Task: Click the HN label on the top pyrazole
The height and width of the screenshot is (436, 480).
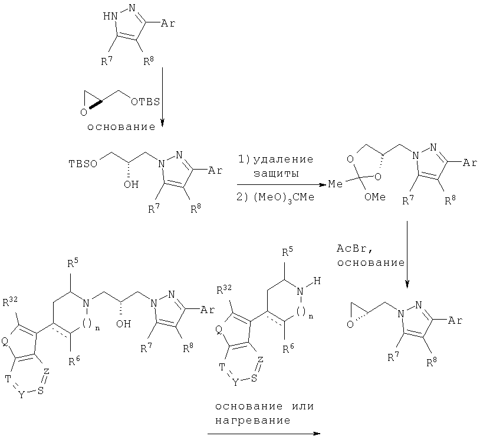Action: coord(110,16)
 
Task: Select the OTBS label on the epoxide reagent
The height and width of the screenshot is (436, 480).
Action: coord(146,102)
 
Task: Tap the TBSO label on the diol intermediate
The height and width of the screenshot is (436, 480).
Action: coord(83,164)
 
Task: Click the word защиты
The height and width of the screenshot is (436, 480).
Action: coord(276,174)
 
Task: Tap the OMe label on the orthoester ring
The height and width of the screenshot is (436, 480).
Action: coord(375,197)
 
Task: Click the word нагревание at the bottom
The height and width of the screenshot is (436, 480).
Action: coord(252,420)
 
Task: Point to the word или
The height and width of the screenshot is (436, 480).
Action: coord(303,406)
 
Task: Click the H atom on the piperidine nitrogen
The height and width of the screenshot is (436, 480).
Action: coord(317,281)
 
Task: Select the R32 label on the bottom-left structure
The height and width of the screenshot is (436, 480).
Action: coord(10,302)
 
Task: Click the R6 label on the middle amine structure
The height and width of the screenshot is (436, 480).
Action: coord(288,348)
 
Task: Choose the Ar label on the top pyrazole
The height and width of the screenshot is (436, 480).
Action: coord(168,23)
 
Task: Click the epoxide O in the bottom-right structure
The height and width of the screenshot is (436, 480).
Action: coord(350,324)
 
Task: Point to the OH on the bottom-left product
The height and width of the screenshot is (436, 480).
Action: coord(124,324)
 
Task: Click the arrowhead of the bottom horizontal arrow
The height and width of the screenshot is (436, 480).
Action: coord(317,434)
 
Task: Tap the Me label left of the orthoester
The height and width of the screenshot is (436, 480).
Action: coord(336,184)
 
